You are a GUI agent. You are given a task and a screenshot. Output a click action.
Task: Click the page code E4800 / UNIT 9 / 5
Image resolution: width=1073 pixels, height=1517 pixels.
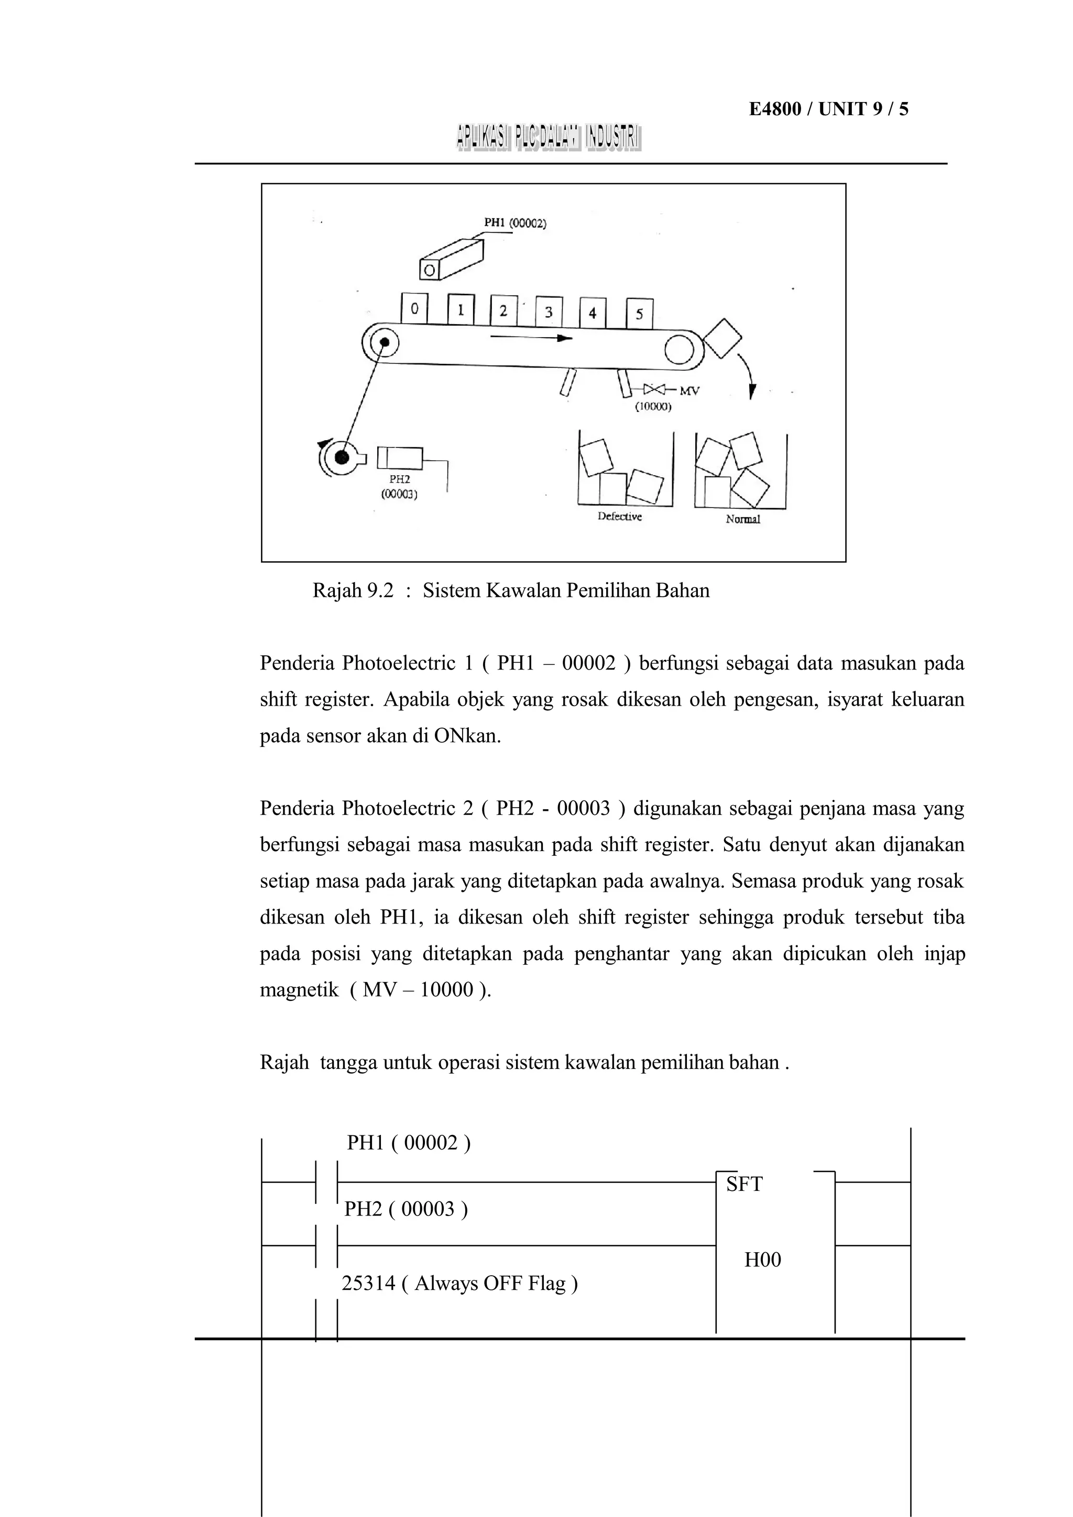(828, 109)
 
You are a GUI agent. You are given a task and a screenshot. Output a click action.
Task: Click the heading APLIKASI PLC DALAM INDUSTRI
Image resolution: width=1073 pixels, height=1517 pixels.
(548, 138)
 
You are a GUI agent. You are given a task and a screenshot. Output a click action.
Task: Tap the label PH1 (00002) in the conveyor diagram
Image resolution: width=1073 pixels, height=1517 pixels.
(515, 224)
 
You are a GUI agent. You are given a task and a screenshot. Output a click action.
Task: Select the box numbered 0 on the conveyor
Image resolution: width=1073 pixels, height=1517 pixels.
(414, 308)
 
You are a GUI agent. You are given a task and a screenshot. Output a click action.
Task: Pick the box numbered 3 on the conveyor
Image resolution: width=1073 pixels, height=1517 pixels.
(548, 312)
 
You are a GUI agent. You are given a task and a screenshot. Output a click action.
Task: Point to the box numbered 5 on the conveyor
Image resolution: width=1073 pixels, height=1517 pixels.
(639, 314)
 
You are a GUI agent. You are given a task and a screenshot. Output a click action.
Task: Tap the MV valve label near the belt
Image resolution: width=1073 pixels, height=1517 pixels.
(688, 391)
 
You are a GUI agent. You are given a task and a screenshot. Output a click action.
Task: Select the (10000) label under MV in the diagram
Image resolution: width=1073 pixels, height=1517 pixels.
(653, 407)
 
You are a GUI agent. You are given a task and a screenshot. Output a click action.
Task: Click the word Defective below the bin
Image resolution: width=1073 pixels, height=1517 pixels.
(619, 517)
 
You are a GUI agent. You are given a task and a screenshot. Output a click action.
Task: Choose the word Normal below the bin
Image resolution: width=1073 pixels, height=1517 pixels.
(742, 519)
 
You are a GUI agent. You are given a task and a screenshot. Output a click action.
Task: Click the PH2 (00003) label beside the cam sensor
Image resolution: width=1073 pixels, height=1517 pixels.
(399, 486)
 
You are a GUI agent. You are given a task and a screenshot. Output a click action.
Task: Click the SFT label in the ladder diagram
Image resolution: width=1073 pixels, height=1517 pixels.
(744, 1184)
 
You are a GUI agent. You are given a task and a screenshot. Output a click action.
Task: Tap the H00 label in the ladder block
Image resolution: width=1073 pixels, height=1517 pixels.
(762, 1259)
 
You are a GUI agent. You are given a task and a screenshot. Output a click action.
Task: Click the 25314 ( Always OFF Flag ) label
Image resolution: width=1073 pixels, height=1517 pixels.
(459, 1283)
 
